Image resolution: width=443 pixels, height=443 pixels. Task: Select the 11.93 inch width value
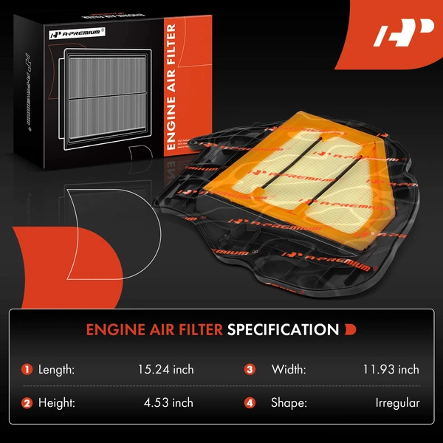(391, 369)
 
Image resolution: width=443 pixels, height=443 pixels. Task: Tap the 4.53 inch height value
(169, 402)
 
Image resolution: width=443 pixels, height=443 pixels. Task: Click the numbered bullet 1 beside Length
(27, 369)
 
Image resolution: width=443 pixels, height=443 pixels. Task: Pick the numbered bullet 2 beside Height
(27, 402)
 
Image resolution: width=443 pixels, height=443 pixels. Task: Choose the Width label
(288, 369)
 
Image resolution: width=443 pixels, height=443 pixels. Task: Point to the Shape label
(289, 402)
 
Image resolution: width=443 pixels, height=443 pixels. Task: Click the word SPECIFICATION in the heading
(283, 329)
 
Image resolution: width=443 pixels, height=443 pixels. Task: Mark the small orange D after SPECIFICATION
(350, 329)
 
